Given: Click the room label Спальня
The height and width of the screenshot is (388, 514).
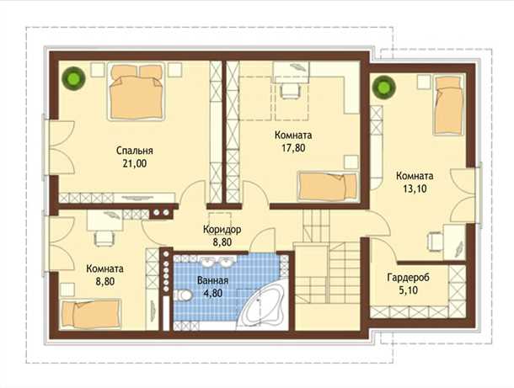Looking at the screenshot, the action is point(135,151).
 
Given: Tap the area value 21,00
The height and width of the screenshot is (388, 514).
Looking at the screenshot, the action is point(135,163).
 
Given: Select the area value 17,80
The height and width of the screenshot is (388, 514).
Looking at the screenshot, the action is point(293,147).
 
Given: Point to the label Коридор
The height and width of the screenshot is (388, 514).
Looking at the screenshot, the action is point(222,229).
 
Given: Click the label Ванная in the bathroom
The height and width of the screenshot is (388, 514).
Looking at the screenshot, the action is point(212,280).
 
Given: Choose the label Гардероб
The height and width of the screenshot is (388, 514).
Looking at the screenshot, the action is point(408,278).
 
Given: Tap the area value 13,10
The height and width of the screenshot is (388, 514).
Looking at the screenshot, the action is point(415,189).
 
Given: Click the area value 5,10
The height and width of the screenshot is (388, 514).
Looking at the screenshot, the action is point(408,290).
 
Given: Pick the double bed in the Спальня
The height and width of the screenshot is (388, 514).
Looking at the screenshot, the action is point(136,92).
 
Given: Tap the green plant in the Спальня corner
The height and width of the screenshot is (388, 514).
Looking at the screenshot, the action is point(73,78).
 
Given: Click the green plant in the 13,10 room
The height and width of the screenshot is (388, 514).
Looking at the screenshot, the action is point(384,87).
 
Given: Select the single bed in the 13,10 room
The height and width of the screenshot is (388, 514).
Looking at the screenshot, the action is point(449,104).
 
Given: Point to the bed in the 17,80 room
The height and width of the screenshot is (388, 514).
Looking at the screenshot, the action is point(327,186).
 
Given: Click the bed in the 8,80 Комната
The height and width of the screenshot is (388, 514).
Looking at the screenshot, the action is point(92,314).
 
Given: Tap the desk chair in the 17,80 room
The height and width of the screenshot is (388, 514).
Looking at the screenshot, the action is point(291,90).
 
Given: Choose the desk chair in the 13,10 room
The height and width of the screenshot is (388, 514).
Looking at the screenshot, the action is point(434,242).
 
